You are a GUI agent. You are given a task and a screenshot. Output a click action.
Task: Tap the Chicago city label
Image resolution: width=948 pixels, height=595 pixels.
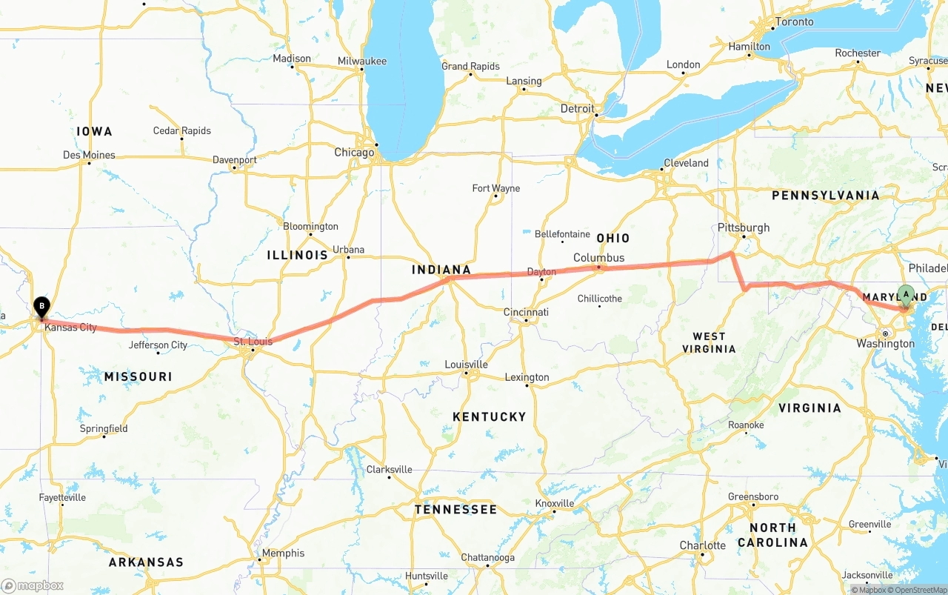(x=354, y=153)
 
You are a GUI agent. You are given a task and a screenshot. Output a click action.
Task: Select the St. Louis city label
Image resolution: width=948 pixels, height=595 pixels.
(x=253, y=342)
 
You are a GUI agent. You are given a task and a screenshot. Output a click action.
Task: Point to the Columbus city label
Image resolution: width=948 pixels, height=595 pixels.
(x=598, y=258)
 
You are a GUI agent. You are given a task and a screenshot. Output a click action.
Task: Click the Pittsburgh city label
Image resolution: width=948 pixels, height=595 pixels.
(x=744, y=227)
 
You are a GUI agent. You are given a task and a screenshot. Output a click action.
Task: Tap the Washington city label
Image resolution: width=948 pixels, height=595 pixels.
(x=885, y=344)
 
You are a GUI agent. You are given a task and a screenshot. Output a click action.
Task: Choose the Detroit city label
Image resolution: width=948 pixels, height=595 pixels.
(x=577, y=108)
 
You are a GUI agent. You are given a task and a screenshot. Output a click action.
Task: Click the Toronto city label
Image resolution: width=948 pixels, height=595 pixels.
(x=794, y=21)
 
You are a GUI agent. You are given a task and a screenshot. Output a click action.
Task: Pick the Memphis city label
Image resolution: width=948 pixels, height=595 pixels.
(x=283, y=553)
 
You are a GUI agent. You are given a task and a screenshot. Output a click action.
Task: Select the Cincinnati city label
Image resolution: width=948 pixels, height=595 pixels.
(x=526, y=312)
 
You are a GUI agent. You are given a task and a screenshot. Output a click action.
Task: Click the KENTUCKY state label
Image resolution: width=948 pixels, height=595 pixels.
(x=489, y=416)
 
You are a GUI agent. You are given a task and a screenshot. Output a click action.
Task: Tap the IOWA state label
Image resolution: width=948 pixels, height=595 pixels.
(x=94, y=131)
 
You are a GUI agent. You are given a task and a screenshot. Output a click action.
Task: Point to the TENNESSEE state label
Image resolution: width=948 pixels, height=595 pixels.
(x=455, y=509)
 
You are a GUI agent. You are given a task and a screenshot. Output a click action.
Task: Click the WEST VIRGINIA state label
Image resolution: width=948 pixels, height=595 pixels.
(x=709, y=342)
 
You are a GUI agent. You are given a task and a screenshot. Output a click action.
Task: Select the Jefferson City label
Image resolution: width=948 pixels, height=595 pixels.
(x=158, y=345)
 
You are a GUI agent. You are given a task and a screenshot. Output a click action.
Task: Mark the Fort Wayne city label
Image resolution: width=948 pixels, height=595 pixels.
(x=496, y=188)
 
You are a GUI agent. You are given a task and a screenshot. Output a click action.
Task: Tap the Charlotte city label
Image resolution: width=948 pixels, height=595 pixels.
(x=703, y=545)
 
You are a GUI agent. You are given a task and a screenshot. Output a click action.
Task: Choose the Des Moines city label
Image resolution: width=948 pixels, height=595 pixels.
(x=89, y=155)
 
